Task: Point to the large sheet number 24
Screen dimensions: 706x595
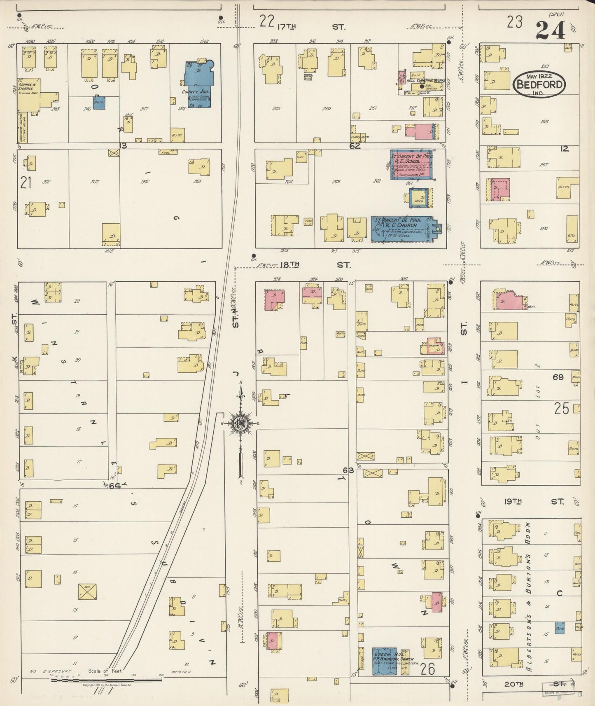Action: click(551, 30)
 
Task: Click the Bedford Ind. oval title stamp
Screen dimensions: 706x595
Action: click(539, 84)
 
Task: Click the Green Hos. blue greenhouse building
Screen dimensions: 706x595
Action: click(385, 661)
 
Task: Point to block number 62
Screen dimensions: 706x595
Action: click(355, 145)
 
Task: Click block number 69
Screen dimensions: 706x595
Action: click(558, 377)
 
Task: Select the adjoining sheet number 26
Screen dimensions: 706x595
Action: click(428, 669)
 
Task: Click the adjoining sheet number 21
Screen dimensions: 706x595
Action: click(26, 182)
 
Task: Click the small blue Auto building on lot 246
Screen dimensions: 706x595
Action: click(99, 103)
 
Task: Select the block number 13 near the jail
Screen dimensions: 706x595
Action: click(123, 145)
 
